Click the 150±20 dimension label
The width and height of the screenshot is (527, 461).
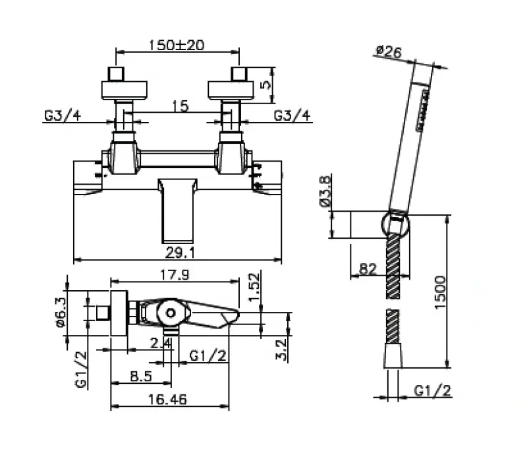(177, 44)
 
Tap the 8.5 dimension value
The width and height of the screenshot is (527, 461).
(141, 377)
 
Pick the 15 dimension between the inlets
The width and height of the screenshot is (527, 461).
(177, 105)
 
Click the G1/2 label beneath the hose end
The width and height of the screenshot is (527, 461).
(433, 390)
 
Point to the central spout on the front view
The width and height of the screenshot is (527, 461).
(176, 209)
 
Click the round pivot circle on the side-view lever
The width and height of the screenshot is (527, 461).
(171, 313)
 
